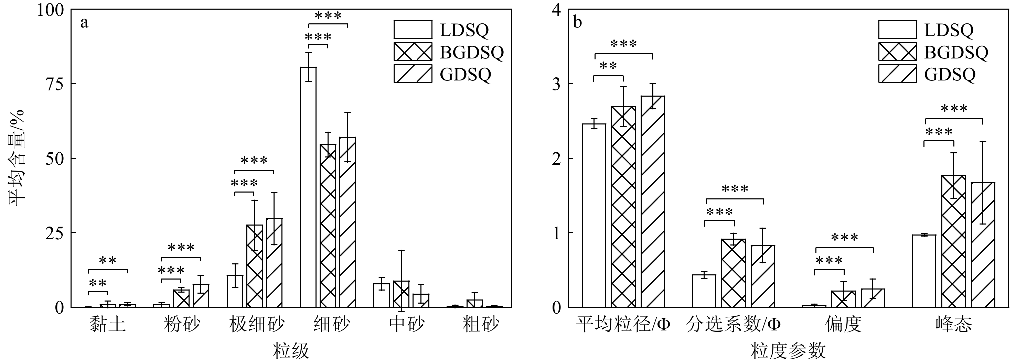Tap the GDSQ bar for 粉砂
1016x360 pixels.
click(201, 295)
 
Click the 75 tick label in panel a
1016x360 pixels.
click(54, 84)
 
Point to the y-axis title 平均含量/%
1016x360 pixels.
click(17, 158)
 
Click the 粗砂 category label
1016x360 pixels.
click(480, 325)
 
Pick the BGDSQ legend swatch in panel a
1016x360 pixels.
click(413, 52)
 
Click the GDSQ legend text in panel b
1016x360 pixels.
click(950, 74)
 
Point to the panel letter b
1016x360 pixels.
click(577, 22)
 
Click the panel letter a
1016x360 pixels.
click(84, 22)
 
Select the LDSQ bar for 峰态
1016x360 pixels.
click(924, 271)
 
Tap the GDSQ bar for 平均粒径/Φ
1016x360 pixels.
click(652, 201)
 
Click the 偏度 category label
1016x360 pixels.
click(843, 325)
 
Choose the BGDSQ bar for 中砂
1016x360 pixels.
click(401, 294)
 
